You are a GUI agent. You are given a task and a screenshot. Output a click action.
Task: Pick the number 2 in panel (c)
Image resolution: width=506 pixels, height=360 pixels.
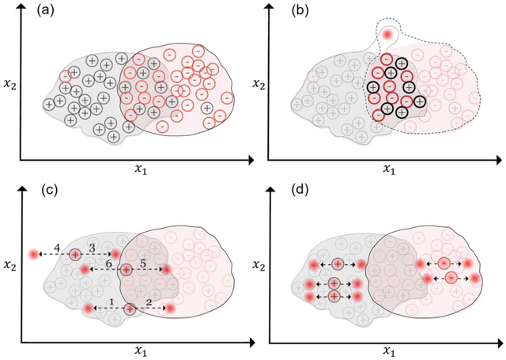149,301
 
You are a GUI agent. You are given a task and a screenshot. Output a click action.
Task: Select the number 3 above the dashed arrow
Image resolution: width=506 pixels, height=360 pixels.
93,248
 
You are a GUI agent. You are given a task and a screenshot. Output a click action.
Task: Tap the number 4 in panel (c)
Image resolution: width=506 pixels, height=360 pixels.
57,248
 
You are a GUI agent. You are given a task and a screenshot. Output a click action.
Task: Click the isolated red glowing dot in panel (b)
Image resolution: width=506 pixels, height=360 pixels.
387,36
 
